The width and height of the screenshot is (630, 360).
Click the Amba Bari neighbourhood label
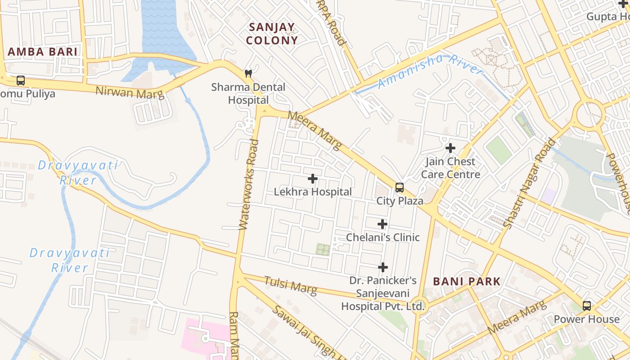[x=43, y=51]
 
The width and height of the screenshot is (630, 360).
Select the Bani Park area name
[x=467, y=282]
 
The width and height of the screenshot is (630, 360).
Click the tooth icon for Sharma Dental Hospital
[x=248, y=73]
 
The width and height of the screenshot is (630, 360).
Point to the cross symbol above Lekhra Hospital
[x=313, y=179]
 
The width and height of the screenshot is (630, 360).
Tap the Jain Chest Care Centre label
[x=450, y=168]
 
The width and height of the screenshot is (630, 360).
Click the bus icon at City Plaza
[x=399, y=188]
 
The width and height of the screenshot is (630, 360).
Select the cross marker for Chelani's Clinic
[x=382, y=224]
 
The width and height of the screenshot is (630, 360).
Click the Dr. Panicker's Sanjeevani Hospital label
[x=383, y=293]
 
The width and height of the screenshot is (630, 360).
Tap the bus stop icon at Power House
[x=587, y=306]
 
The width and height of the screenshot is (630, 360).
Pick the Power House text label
[x=586, y=319]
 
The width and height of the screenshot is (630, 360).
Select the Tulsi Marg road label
[x=290, y=285]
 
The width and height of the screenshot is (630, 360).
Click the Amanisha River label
[x=430, y=71]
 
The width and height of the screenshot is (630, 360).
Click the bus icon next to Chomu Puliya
[x=21, y=81]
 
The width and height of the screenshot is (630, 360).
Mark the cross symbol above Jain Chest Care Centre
[x=450, y=148]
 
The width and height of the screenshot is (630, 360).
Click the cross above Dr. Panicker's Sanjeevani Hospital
[x=383, y=267]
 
